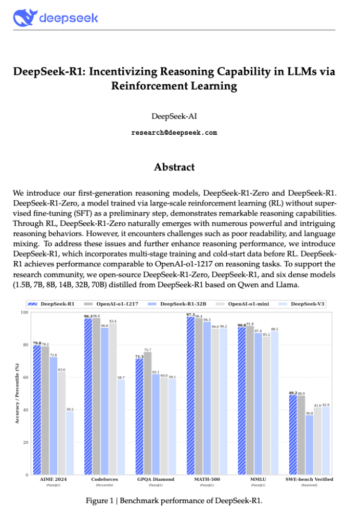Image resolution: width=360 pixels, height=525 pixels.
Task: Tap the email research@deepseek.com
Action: [x=174, y=133]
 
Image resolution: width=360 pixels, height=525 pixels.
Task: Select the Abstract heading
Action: [x=174, y=167]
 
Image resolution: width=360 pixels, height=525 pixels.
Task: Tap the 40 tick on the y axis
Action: [x=25, y=410]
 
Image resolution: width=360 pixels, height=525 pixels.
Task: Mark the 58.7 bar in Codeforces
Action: [x=121, y=427]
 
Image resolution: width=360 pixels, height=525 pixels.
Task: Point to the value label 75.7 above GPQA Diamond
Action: [x=148, y=350]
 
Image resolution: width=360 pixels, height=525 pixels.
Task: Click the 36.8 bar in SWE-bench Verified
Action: [x=310, y=445]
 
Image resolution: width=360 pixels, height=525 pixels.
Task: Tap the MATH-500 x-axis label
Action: [x=206, y=479]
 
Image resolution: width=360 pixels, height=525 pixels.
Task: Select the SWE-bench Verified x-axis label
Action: [x=310, y=479]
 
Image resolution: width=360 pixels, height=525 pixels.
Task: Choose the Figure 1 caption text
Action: [x=174, y=501]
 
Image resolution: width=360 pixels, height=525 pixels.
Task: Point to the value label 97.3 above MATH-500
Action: [x=190, y=315]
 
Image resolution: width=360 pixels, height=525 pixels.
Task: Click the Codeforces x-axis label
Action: [x=104, y=479]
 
